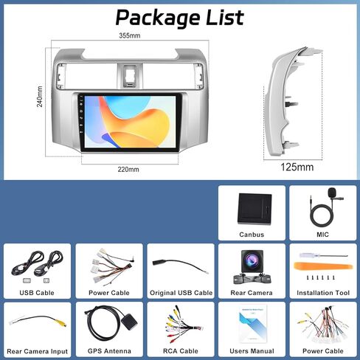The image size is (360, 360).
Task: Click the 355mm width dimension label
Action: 130,35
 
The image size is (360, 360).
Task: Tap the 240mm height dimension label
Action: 40,97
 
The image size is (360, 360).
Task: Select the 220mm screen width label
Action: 128,170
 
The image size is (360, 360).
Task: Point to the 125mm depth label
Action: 297,167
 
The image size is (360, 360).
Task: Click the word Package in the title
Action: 158,18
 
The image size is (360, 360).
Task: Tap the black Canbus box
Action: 255,208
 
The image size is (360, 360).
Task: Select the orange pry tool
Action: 323,266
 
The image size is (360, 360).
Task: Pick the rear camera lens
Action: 252,260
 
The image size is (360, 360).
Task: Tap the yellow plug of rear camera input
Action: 61,322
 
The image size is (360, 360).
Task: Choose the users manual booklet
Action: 253,324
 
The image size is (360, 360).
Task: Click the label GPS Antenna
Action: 109,351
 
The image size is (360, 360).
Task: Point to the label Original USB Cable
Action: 181,293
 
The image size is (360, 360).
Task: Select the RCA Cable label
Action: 181,351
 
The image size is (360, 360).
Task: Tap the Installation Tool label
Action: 323,293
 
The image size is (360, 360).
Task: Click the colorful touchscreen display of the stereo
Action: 131,122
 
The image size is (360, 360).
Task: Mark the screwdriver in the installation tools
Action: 324,255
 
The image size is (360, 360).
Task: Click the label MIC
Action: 322,235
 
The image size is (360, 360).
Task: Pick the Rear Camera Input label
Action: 37,351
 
